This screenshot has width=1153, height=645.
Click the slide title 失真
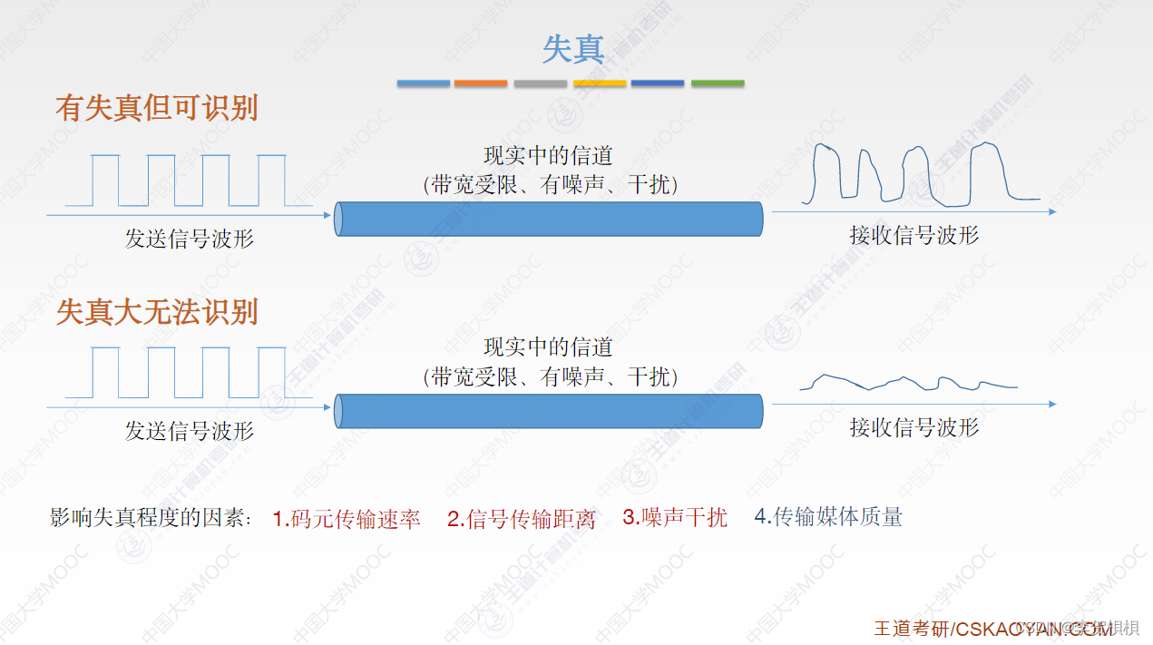(573, 49)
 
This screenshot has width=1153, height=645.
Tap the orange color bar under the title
(481, 83)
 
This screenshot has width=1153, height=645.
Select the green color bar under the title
(718, 83)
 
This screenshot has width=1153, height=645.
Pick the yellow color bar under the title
(600, 83)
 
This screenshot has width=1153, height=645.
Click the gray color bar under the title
(540, 83)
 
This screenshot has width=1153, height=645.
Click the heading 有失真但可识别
(157, 108)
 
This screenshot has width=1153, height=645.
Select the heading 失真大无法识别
(157, 312)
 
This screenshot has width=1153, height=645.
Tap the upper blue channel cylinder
(549, 219)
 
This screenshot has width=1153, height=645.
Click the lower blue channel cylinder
(549, 411)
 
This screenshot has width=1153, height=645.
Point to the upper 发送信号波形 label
(190, 239)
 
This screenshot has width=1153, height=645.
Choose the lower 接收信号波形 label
(914, 427)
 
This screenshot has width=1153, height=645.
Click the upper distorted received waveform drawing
(923, 171)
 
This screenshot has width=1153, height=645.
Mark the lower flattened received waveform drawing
(907, 383)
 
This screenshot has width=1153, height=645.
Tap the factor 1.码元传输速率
(347, 519)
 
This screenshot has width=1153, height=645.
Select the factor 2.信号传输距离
(522, 520)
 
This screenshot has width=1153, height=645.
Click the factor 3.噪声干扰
(675, 518)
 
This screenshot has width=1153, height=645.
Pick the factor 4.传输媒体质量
(828, 517)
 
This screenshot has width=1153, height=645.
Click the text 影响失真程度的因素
(151, 519)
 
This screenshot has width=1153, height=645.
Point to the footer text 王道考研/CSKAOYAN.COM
(993, 629)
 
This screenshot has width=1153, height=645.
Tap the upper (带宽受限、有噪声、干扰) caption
(551, 184)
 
